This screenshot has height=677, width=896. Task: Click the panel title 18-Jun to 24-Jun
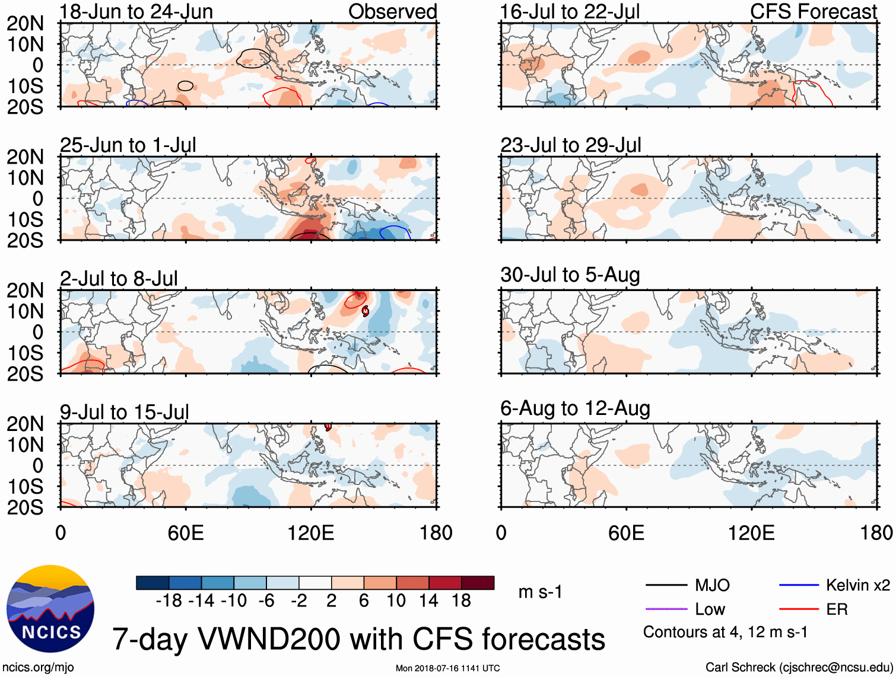136,11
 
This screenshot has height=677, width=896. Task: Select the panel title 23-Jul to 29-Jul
571,145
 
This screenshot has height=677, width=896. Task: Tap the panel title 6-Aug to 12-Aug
575,408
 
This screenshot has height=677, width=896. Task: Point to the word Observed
392,11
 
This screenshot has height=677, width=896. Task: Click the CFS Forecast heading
813,11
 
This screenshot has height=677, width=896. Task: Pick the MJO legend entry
712,585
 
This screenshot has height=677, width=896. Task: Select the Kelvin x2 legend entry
857,585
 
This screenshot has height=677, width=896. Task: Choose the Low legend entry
710,609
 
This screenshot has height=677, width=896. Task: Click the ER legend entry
837,609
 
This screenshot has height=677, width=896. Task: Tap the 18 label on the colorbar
461,601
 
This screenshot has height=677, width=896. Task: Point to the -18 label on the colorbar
169,601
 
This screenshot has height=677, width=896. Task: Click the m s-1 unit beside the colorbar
540,592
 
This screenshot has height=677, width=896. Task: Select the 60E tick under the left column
186,532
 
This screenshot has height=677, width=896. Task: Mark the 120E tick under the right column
751,532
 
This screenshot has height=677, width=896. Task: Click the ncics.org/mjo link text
38,668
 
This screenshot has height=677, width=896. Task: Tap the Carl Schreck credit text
799,668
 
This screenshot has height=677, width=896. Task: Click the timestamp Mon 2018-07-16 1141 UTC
447,668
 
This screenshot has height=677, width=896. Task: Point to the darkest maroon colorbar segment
478,583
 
